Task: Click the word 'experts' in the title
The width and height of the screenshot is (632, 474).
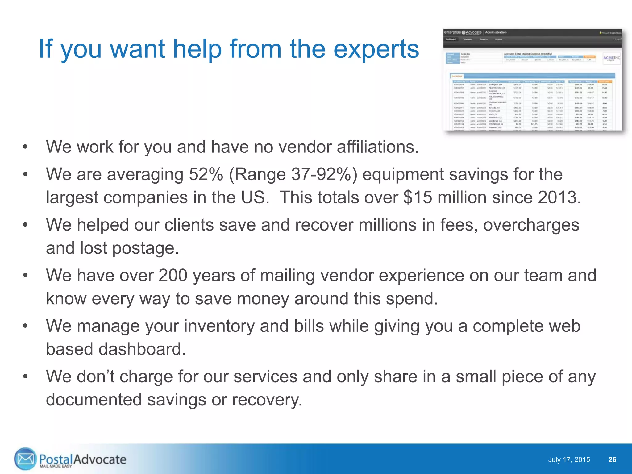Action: pos(376,49)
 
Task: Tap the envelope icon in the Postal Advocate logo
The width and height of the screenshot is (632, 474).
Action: pos(25,459)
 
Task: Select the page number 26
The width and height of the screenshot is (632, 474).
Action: pos(612,460)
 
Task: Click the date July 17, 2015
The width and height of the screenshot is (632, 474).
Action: pos(569,460)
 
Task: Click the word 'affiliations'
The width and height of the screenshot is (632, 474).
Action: pos(377,147)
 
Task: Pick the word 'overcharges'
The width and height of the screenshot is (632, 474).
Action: pos(531,225)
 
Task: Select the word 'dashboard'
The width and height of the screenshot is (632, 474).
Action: pos(142,349)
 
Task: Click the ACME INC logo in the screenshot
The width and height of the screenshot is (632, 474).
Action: pos(611,58)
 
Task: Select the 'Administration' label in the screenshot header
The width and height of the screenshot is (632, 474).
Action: pos(496,32)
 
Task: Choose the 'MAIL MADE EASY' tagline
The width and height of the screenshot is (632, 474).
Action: pos(56,466)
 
